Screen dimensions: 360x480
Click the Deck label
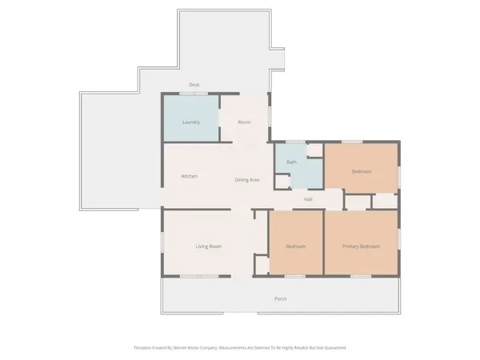pos(194,85)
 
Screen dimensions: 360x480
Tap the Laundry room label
pos(191,122)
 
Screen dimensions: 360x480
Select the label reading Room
pos(245,122)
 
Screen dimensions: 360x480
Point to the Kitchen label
pos(190,176)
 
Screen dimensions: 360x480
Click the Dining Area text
pos(247,180)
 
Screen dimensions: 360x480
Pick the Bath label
pos(292,163)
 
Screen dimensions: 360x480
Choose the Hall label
pos(308,199)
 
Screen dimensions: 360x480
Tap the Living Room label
pos(209,246)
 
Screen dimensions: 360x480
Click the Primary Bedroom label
pos(362,246)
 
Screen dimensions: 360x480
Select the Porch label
pos(281,299)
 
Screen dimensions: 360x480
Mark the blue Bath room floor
pos(301,172)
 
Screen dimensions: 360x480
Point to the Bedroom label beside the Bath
pos(362,171)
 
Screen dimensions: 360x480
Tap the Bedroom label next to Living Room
pos(297,246)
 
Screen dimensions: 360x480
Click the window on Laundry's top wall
pos(192,94)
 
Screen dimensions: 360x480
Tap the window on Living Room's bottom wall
pos(199,277)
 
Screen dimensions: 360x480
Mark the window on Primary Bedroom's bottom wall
pos(360,277)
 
